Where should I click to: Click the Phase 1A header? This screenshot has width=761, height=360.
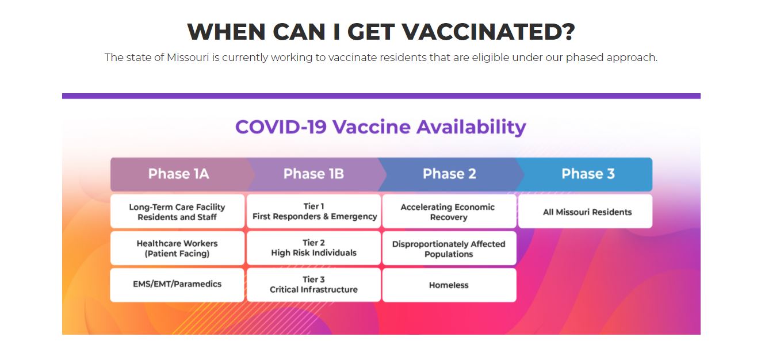pos(179,174)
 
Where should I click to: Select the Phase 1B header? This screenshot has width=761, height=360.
pos(314,174)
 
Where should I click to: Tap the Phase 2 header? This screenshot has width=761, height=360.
pos(449,174)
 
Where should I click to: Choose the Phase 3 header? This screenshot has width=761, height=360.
pos(588,174)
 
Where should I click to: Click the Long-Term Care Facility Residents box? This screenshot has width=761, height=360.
pos(177,211)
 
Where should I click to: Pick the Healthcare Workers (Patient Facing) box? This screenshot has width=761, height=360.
pos(177,248)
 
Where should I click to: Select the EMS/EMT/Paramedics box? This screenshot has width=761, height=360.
pos(177,285)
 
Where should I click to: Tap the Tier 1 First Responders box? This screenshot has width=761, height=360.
pos(314,211)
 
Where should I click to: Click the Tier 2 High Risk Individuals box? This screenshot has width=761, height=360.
pos(314,248)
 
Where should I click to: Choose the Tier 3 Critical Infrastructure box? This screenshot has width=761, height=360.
pos(314,285)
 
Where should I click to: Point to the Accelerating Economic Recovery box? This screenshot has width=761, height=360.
pos(449,211)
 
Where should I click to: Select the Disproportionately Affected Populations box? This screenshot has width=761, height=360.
pos(449,248)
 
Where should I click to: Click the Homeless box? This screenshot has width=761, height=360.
pos(449,285)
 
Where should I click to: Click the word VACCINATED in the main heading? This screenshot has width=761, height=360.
pos(488,32)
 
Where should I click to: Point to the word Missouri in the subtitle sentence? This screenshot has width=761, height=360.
pos(188,58)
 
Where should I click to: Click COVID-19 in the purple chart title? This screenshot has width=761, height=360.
pos(281,127)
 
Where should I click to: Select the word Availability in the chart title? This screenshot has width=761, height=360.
pos(472,128)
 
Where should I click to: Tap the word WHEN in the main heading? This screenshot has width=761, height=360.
pos(226,32)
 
